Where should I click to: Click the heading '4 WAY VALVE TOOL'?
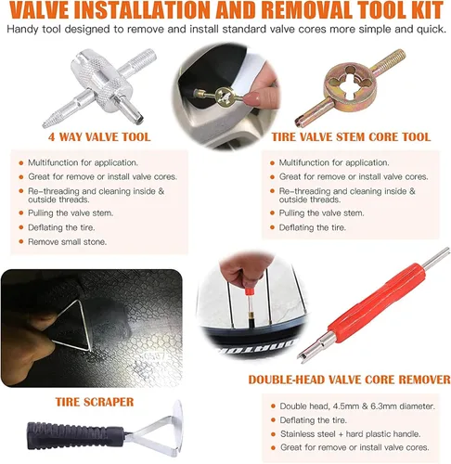click(x=99, y=136)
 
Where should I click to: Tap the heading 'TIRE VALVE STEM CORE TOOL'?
click(x=351, y=136)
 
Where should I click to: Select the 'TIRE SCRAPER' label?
click(x=95, y=402)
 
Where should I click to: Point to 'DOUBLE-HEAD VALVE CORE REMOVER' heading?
click(x=349, y=380)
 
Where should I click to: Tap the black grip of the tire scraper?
click(x=75, y=433)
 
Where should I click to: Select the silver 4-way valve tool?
click(x=99, y=87)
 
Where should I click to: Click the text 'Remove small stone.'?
click(x=67, y=242)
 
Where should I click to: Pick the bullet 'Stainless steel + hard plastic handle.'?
click(x=351, y=434)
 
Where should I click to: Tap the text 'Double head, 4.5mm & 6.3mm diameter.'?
click(x=357, y=406)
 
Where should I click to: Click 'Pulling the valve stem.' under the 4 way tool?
click(x=71, y=213)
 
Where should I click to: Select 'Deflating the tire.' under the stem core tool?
click(x=313, y=227)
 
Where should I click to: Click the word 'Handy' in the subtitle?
click(x=22, y=29)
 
